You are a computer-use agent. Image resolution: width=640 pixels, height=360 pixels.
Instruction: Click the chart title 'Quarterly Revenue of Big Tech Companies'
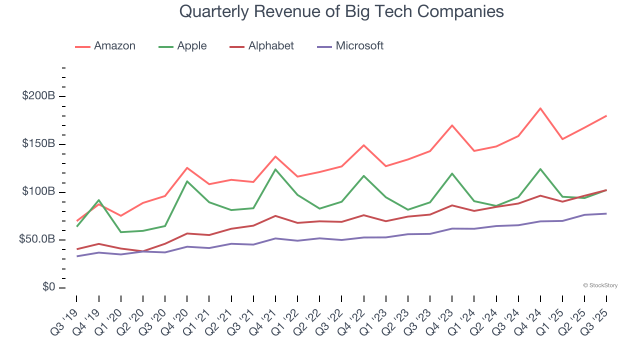tap(341, 11)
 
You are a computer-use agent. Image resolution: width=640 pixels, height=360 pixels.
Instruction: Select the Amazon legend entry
tap(105, 46)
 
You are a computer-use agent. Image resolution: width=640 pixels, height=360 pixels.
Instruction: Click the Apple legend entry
tap(182, 46)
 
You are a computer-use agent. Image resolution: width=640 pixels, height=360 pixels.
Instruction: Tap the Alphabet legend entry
tap(262, 46)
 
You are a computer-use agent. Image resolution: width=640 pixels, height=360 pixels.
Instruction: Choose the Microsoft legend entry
tap(350, 46)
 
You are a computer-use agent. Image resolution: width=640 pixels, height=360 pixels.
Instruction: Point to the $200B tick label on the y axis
tap(38, 96)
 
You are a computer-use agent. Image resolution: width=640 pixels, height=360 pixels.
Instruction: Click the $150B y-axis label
tap(38, 144)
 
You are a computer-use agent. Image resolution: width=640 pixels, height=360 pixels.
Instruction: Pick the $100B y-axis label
tap(38, 192)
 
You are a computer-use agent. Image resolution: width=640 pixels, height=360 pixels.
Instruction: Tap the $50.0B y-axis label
tap(36, 240)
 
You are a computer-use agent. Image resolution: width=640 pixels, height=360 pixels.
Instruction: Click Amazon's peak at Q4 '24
tap(540, 108)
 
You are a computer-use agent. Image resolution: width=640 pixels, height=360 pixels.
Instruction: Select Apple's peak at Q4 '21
tap(275, 169)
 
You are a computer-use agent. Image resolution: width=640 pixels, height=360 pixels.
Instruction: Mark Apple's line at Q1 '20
tap(120, 232)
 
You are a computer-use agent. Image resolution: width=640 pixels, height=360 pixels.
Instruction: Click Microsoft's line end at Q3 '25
tap(606, 213)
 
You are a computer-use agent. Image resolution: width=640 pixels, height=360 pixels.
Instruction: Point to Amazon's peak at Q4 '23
tap(452, 125)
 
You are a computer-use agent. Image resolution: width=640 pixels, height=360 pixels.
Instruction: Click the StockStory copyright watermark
tap(600, 285)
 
